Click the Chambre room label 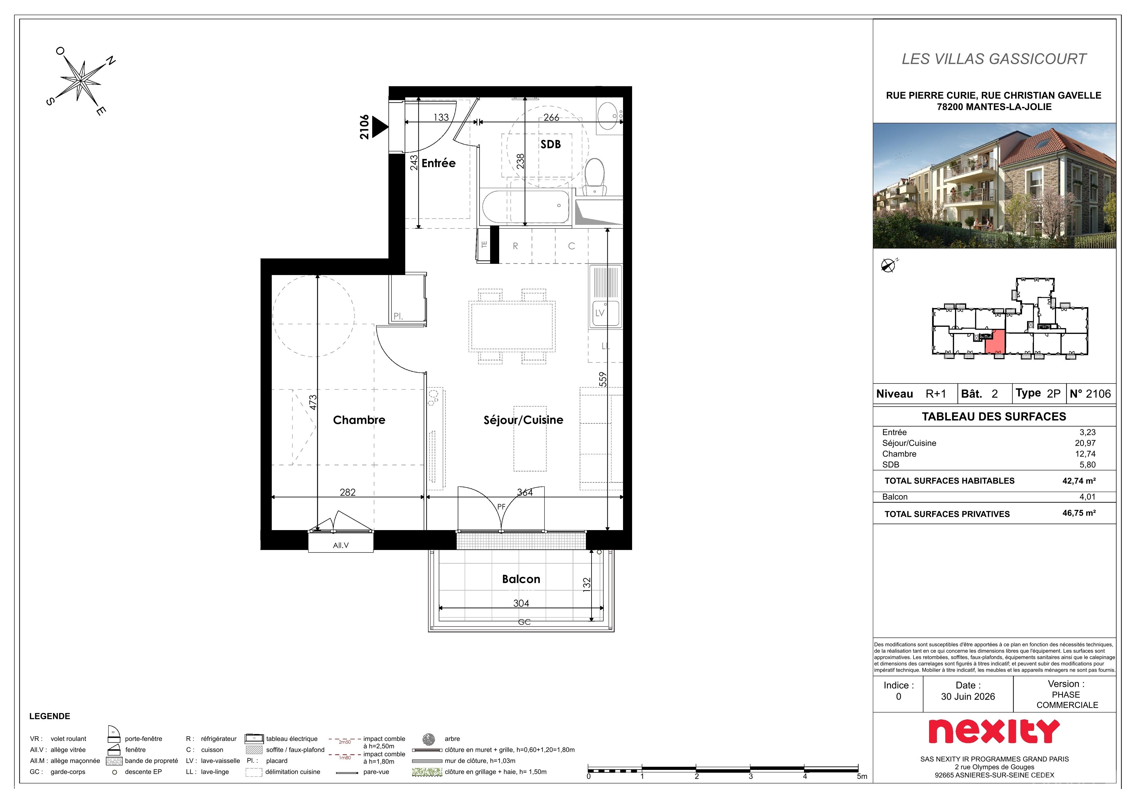click(359, 420)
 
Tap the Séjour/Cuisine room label click(523, 420)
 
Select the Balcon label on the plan click(521, 579)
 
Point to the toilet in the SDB click(595, 177)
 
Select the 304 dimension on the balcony click(521, 603)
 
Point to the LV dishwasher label click(600, 313)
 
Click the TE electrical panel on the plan click(485, 244)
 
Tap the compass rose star click(80, 80)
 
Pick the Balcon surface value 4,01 click(1088, 497)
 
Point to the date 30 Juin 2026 click(968, 697)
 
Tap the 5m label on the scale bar click(862, 776)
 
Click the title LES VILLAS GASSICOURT click(994, 59)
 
